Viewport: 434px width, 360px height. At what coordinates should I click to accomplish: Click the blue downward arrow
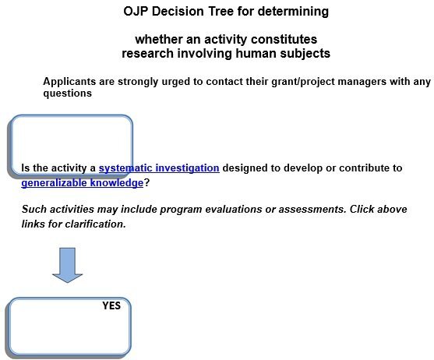coord(68,265)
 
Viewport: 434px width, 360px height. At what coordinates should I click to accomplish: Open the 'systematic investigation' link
coord(158,168)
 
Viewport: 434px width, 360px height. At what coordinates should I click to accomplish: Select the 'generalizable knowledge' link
coord(82,182)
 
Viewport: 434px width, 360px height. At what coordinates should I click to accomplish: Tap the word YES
coord(111,305)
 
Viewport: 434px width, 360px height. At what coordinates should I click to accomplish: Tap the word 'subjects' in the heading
coord(306,53)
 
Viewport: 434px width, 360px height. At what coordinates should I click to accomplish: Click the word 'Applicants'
coord(69,81)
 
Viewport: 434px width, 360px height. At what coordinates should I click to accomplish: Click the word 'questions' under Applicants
coord(68,94)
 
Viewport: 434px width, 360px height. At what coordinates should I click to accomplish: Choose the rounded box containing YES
coord(69,326)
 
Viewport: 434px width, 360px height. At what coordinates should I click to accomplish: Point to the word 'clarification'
coord(92,224)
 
